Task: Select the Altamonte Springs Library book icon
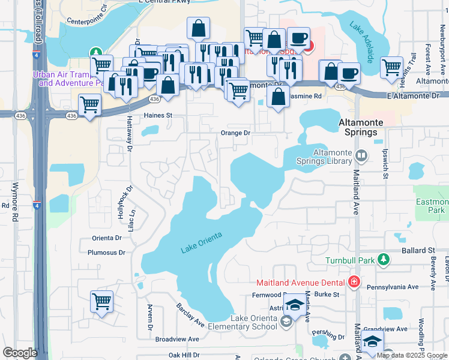click(x=361, y=156)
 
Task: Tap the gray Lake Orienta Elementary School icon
click(x=287, y=324)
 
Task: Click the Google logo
click(x=20, y=353)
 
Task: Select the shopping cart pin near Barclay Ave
click(x=101, y=301)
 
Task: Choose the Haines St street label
click(x=157, y=115)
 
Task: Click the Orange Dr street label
click(x=235, y=133)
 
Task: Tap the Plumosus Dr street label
click(x=106, y=253)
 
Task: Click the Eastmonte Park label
click(x=432, y=206)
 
